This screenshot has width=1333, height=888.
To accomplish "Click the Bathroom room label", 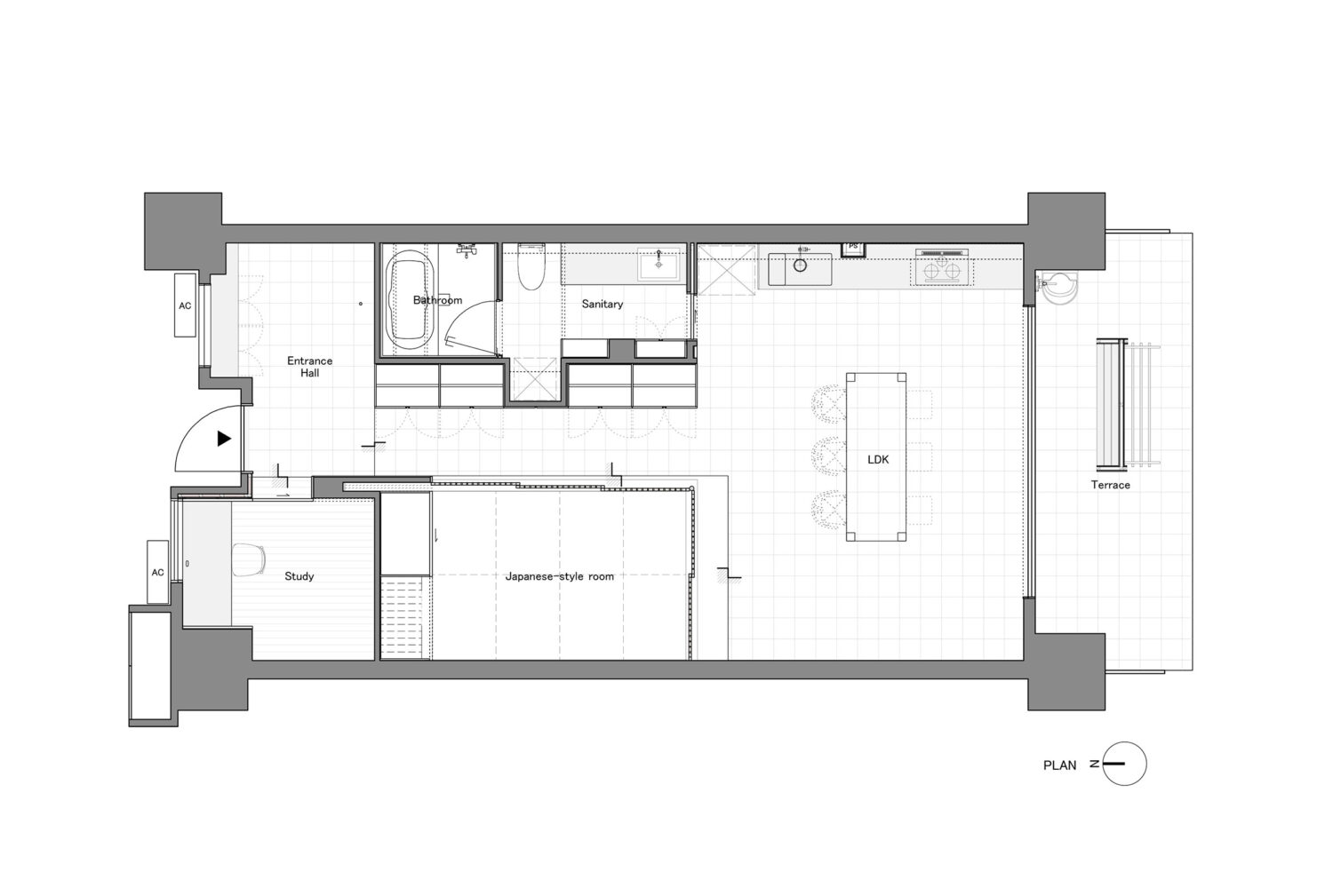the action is [x=437, y=300].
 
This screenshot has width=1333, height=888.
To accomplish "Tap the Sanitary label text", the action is [x=603, y=304].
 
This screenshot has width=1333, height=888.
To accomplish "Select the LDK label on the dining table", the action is [x=878, y=459].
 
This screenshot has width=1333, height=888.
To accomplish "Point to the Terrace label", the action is [x=1111, y=485].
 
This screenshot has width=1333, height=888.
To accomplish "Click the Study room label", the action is [x=299, y=576].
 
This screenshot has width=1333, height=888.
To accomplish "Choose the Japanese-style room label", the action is [x=559, y=576].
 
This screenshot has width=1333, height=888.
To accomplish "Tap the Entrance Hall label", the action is [x=309, y=367].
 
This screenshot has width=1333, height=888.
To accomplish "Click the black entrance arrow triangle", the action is [x=224, y=439].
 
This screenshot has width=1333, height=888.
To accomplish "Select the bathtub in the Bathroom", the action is [x=410, y=299].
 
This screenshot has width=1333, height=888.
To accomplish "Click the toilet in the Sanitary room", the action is [x=531, y=266].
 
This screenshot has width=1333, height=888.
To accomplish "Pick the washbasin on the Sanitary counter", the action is [x=659, y=264].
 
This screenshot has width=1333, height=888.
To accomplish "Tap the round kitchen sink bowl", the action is [x=801, y=266].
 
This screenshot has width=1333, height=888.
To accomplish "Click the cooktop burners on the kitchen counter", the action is [x=941, y=271].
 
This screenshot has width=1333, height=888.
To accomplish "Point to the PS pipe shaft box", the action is [x=853, y=250].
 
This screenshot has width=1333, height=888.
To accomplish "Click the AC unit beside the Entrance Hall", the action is [x=185, y=305].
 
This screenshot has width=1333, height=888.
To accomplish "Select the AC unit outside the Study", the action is [x=157, y=572].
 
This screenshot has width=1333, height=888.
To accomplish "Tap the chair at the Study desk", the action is [x=248, y=559].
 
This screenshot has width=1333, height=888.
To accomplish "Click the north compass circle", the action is [x=1124, y=764].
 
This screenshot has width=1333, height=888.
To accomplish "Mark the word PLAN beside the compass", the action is [x=1059, y=765].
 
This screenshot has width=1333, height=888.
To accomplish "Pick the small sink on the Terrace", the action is [x=1058, y=288].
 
